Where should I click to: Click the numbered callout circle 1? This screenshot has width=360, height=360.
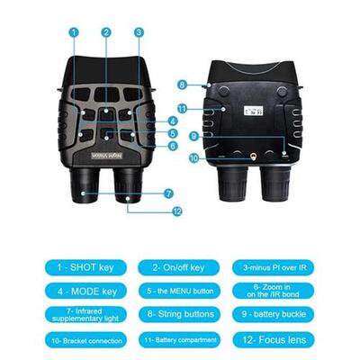74,32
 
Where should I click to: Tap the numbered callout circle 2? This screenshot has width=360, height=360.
106,32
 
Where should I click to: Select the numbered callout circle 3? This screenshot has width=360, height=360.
139,32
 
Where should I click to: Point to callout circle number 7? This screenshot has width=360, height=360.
168,193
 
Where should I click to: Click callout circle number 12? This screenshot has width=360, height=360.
177,211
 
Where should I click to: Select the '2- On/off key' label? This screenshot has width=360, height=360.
178,267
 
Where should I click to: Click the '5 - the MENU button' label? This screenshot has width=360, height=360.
178,291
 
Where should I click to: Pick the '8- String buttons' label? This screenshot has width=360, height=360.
178,314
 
